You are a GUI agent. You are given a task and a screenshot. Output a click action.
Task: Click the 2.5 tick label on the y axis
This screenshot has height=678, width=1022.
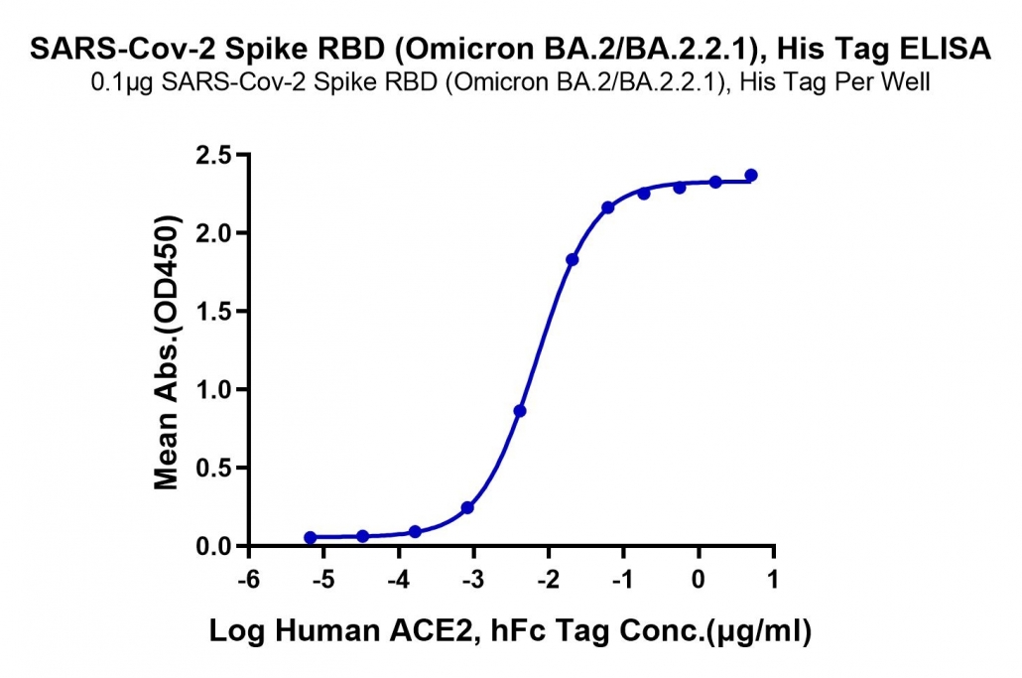213,155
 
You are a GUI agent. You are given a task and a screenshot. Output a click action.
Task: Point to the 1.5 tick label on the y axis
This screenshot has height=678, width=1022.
213,312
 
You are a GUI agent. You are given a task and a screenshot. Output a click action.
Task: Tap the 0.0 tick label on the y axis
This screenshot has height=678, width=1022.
213,546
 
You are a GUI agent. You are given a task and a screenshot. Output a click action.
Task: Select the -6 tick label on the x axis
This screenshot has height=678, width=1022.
249,579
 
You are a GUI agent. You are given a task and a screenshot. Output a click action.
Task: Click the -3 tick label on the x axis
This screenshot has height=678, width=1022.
474,579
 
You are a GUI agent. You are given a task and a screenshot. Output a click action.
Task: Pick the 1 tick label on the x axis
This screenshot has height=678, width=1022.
774,579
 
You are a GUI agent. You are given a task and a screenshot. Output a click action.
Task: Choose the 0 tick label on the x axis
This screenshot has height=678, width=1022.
699,579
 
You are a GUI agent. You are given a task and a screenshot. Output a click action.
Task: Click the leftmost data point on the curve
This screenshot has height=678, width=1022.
311,537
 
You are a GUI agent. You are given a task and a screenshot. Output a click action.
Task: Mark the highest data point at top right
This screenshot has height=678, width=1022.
751,175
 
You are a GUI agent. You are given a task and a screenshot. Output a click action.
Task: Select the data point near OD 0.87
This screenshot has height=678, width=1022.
520,411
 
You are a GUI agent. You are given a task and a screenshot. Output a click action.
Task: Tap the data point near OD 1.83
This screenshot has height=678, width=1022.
573,259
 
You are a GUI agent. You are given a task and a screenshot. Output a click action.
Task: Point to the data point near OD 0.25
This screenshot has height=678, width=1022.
467,507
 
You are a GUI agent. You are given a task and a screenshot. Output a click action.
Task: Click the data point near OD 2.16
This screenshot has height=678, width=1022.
608,207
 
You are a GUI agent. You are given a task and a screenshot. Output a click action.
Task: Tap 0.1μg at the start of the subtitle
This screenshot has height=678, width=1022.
122,82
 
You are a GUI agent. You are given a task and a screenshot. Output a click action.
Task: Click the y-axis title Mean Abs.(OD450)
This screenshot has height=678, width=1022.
167,351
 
